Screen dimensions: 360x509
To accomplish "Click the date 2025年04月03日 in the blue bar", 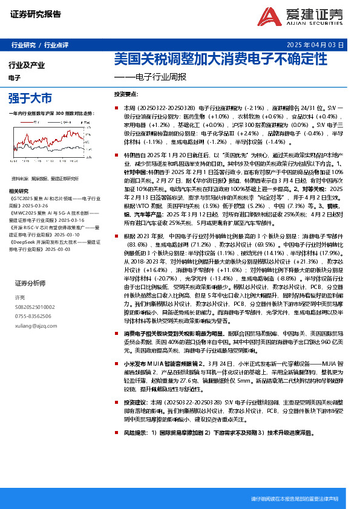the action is coord(315,45).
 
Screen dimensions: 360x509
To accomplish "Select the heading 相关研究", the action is coord(24,191).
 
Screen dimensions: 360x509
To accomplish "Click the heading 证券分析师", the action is coord(30,283).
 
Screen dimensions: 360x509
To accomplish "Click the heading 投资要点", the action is coord(126,94).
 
